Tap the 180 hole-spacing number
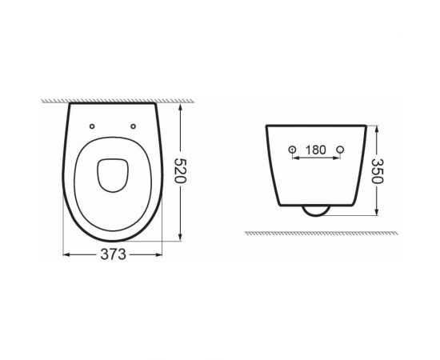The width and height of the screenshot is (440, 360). click(x=316, y=150)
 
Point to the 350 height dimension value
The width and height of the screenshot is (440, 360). click(x=378, y=169)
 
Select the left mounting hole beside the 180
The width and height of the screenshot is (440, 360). click(x=292, y=150)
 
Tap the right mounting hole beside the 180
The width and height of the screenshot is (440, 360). click(x=341, y=150)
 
